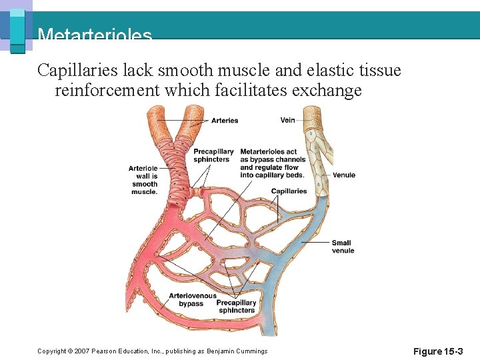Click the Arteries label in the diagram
pos(225,121)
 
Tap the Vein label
pos(288,121)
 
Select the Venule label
pos(344,175)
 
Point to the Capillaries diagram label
pos(289,191)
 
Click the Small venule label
pos(343,247)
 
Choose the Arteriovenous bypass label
pos(192,300)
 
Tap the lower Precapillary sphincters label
pos(237,307)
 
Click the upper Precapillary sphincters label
pos(213,155)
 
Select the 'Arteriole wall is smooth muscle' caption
pos(144,180)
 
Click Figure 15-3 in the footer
pos(437,351)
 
